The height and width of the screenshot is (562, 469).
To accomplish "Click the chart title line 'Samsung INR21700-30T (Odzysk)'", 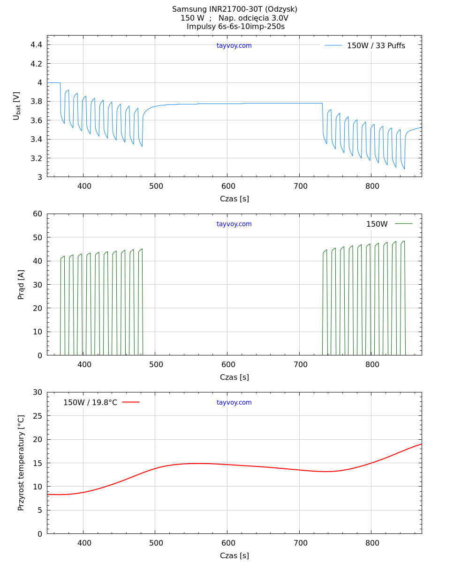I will coord(234,9).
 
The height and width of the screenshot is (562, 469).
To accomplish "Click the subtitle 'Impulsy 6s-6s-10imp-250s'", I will coord(235,27).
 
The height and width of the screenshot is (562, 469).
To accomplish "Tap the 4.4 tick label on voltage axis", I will coord(36,45).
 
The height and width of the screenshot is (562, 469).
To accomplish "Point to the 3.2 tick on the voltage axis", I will coord(36,158).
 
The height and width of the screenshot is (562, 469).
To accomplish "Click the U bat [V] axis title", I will coord(17,106).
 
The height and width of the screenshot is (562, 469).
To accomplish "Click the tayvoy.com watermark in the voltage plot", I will coord(234,46).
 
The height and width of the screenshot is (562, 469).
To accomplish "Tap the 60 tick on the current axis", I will coord(38,214).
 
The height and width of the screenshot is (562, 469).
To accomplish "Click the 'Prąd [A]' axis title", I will coord(21,284).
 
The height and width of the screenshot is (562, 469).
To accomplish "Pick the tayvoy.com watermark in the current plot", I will coord(234,224).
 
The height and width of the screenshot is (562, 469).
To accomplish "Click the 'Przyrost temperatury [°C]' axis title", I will coord(21,463).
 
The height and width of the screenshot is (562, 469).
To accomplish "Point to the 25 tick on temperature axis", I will coord(38,416).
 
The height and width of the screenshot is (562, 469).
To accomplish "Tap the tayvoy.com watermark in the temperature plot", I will coord(234,403).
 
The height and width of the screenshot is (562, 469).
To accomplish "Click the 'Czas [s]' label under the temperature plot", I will coord(234,556).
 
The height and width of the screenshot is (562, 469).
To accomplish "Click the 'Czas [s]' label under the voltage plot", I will coord(234,199).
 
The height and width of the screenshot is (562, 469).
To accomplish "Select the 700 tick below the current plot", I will coord(300,365).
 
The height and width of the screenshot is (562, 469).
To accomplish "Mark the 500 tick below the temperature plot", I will coord(156,543).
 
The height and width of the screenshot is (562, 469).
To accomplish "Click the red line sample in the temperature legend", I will coord(131,402).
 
